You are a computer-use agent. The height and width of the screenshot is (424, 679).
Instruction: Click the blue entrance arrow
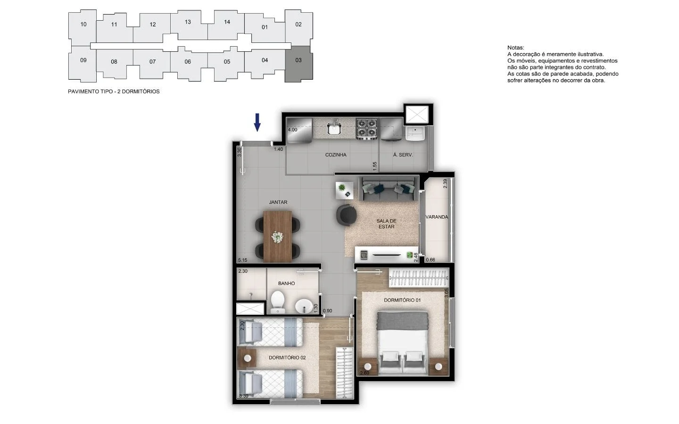[257, 122]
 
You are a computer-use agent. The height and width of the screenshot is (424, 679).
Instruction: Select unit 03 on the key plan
[298, 64]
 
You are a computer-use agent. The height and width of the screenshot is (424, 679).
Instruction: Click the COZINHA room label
[336, 155]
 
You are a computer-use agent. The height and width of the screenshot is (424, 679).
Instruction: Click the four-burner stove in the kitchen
[366, 129]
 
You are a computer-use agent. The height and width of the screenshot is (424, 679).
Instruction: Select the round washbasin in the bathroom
[304, 306]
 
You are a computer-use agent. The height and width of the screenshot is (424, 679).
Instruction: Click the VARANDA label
[437, 217]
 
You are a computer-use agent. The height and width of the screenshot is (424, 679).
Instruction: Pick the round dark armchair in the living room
[346, 215]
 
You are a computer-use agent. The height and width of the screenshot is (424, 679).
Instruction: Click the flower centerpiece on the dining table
[277, 237]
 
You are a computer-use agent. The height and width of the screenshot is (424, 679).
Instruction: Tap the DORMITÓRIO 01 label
[402, 300]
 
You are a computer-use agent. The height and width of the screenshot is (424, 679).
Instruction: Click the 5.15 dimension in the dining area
[243, 260]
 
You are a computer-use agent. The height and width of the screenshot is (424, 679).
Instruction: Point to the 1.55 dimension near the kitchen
[375, 166]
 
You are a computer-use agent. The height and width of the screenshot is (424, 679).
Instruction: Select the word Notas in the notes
[516, 48]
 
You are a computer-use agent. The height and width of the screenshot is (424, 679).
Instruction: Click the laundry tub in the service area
[415, 134]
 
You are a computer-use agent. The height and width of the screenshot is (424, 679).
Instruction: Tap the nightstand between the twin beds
[247, 358]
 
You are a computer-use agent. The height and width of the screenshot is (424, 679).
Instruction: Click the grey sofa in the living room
[389, 189]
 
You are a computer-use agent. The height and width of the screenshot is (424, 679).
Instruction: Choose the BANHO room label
[287, 284]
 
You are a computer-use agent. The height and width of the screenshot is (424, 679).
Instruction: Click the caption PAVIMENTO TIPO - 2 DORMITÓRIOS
[114, 91]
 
